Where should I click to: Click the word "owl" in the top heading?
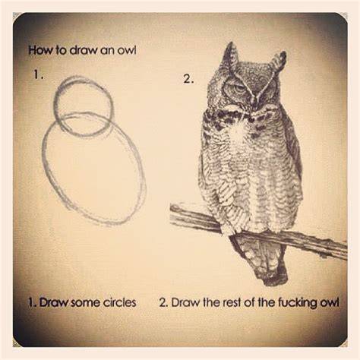coord(126,50)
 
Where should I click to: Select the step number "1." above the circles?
coord(39,74)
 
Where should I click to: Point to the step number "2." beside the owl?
coord(188,79)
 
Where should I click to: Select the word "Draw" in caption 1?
coord(54,302)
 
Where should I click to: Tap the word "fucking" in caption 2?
coord(298,303)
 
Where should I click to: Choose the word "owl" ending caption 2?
coord(329,302)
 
